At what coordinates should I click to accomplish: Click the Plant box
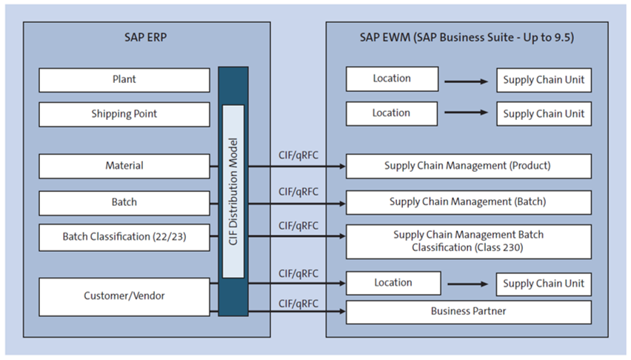click(x=124, y=80)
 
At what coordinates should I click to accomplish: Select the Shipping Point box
click(x=124, y=114)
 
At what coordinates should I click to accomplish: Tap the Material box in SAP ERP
click(x=124, y=166)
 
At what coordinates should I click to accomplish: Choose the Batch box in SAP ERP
click(x=124, y=202)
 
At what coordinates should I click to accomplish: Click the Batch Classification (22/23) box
click(x=124, y=238)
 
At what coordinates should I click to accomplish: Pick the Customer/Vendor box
click(x=124, y=296)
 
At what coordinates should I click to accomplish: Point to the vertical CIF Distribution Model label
click(x=233, y=191)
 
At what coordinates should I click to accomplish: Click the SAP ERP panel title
click(x=146, y=37)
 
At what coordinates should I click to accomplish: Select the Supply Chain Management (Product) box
click(x=468, y=166)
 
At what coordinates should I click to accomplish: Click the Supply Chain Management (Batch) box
click(x=468, y=202)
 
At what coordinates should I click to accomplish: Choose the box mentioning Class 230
click(x=468, y=241)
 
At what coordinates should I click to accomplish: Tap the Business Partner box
click(x=468, y=312)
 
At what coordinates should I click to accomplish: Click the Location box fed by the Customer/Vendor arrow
click(x=393, y=283)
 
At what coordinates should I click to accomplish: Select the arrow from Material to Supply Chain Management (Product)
click(x=296, y=166)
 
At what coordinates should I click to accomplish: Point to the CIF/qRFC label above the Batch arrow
click(x=298, y=191)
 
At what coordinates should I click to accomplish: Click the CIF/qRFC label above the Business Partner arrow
click(x=298, y=303)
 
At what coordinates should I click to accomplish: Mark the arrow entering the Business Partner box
click(x=296, y=312)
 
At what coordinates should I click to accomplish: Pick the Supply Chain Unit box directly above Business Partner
click(x=544, y=284)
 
